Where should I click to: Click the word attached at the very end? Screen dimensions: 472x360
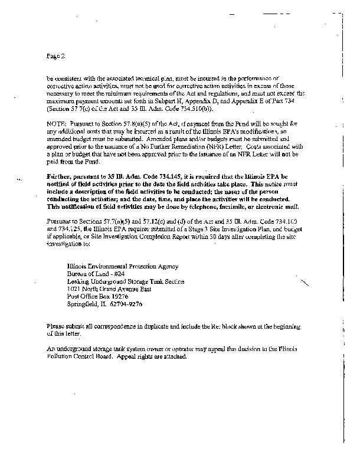(x=175, y=359)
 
